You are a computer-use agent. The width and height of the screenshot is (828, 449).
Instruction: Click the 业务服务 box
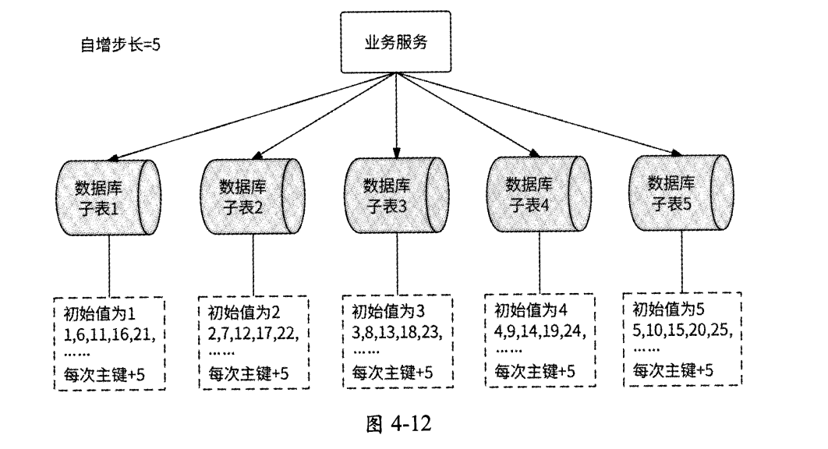pyautogui.click(x=396, y=43)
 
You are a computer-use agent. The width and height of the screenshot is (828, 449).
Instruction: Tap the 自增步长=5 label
pyautogui.click(x=121, y=44)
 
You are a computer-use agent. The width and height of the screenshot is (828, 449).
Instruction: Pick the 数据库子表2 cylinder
pyautogui.click(x=252, y=198)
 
